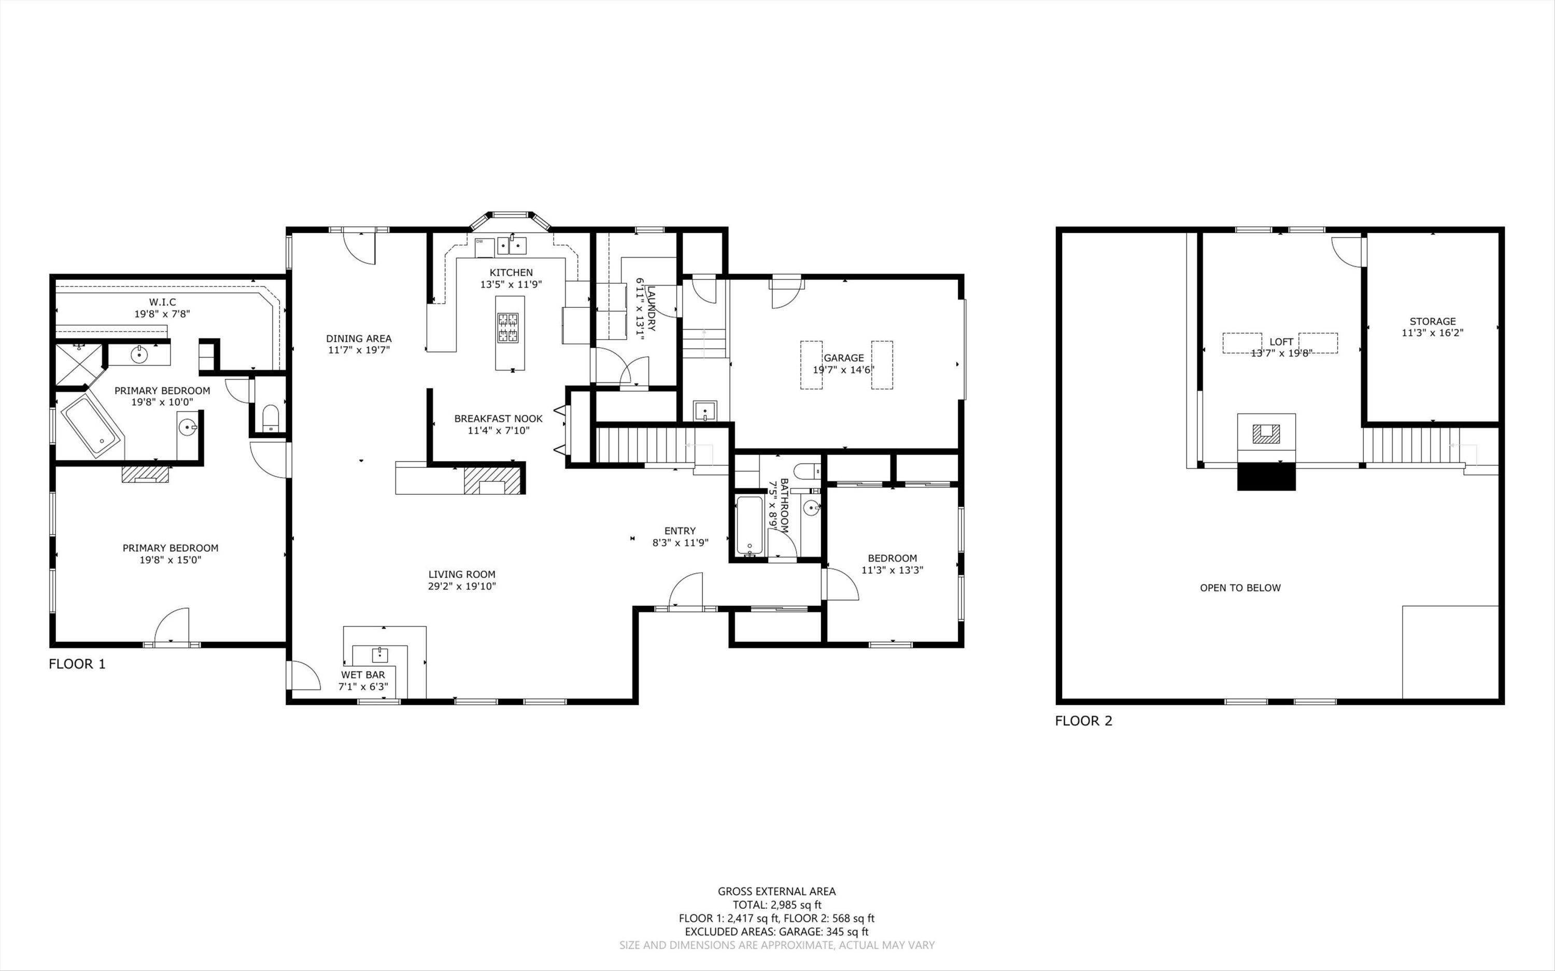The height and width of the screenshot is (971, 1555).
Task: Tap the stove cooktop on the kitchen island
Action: click(510, 327)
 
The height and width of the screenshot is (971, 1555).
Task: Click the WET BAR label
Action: click(363, 675)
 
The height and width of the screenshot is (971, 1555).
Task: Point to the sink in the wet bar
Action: click(379, 655)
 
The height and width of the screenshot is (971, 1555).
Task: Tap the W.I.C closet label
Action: click(163, 302)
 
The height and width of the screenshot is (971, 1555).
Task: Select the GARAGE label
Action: click(843, 358)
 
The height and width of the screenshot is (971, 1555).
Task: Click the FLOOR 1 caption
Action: click(77, 664)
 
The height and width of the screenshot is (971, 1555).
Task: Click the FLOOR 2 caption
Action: click(1083, 721)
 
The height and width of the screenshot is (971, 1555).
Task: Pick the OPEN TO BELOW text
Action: click(1240, 588)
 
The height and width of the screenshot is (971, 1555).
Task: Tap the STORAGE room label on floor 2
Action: click(1432, 321)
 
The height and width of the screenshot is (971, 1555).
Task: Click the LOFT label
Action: click(1281, 341)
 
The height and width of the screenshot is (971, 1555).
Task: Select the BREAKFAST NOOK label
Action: click(499, 418)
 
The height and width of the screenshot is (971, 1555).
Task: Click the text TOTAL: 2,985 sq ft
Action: click(776, 905)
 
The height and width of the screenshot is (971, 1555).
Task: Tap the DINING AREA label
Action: click(358, 338)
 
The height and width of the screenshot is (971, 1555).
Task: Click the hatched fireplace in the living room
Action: click(492, 480)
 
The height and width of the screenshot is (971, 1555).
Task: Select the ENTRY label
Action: click(680, 531)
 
